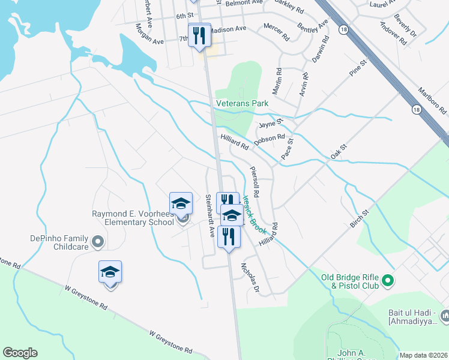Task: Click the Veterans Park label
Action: point(243,104)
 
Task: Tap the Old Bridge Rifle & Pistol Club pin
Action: point(388,280)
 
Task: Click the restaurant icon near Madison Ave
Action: point(199,35)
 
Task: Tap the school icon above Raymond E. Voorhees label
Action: point(181,203)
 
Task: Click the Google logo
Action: point(20,353)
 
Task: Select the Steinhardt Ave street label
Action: point(209,215)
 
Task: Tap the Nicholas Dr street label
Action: point(249,277)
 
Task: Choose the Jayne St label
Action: point(271,124)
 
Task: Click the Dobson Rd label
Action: point(268,139)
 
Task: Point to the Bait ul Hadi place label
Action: point(418,319)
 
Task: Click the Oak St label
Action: point(340,152)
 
